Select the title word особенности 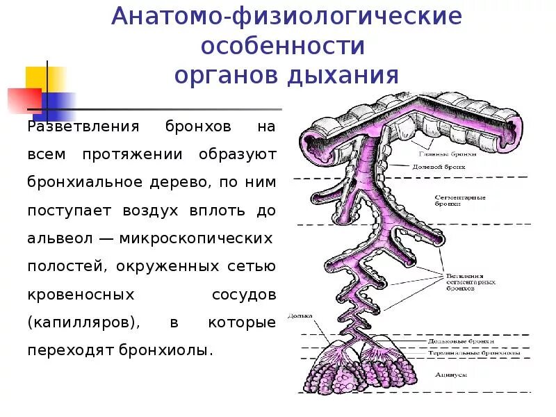(283, 46)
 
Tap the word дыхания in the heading (345, 75)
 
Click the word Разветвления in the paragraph (75, 128)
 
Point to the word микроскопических (195, 238)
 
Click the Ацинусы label (451, 374)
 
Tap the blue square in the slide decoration (60, 105)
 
